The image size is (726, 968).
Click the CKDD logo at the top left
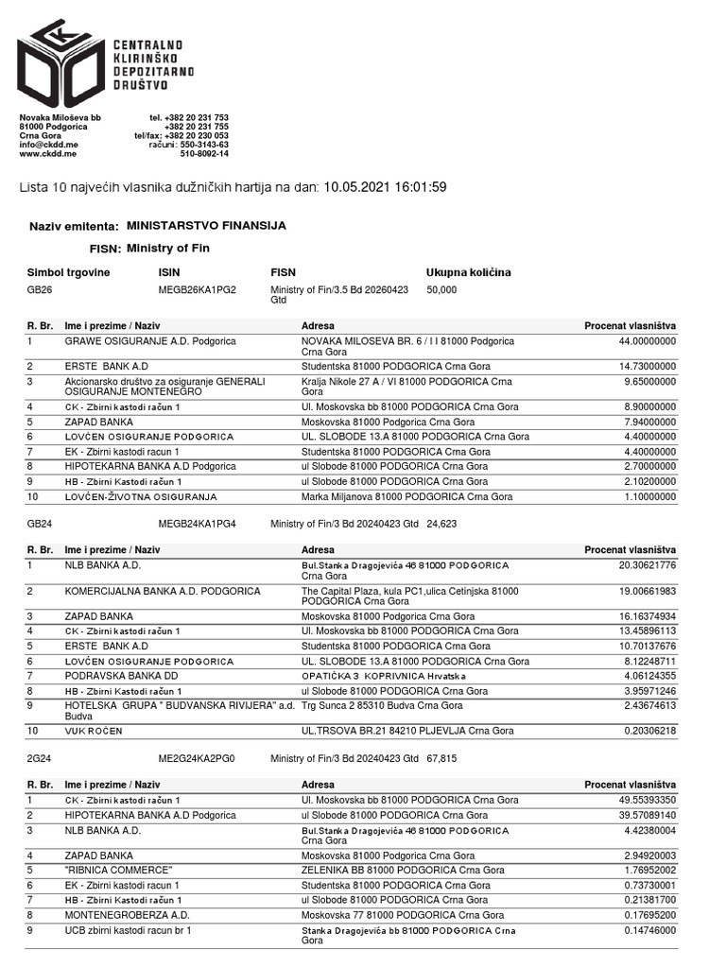pos(61,61)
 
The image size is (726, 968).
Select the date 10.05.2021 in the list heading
pos(354,187)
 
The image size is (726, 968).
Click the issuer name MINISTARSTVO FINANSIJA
pos(205,227)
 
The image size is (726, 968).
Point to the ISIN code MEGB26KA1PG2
pos(197,290)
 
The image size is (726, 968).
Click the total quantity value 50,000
pos(441,290)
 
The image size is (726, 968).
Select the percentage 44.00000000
pos(640,340)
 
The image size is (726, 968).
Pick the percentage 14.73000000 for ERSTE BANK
pos(640,365)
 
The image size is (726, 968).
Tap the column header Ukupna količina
pos(468,272)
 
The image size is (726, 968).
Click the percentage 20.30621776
pos(640,565)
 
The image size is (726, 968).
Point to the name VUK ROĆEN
pos(94,731)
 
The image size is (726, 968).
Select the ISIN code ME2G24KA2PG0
pos(196,758)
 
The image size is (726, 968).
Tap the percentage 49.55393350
pos(640,801)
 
